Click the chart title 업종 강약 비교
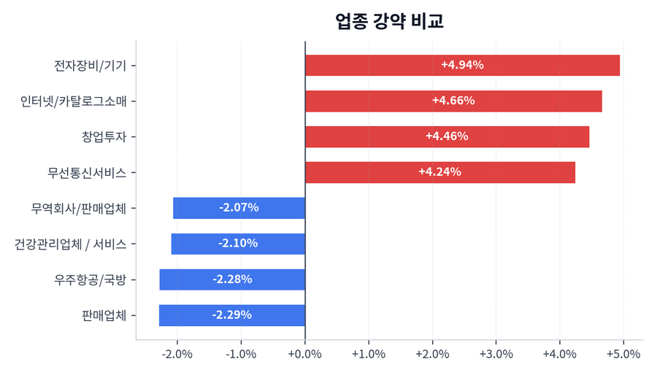(x=390, y=21)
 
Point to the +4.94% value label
(x=462, y=65)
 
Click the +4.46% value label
(x=447, y=136)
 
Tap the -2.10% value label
(x=238, y=244)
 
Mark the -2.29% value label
(x=232, y=315)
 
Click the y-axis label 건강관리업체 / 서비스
(x=71, y=244)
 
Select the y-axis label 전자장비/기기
(x=91, y=65)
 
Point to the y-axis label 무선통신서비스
(x=87, y=172)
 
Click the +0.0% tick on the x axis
(x=305, y=354)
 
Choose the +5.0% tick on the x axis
(x=623, y=354)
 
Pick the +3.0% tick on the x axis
(x=496, y=354)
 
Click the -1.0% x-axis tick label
(x=241, y=354)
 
